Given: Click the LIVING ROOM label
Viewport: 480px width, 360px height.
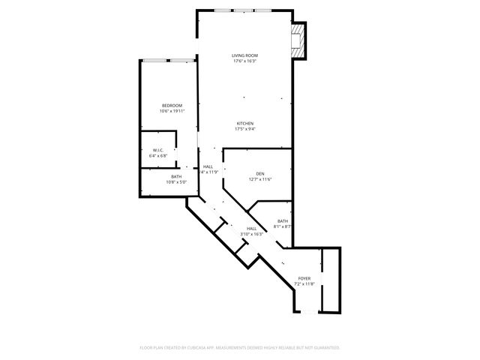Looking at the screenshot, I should pos(244,55).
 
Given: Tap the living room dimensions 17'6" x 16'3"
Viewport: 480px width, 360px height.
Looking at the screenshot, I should pos(244,61).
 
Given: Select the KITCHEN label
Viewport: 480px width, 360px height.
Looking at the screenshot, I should pos(245,123).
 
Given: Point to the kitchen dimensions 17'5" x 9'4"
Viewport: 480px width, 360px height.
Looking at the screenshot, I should pos(245,129).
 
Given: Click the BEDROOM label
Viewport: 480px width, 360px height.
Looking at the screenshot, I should pos(172,105).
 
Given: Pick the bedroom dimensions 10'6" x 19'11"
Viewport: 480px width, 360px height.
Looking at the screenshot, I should pos(172,111).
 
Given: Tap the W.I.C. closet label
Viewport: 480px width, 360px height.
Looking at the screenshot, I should pos(158,150).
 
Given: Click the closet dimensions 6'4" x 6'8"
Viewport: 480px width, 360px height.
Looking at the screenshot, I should pos(158,156).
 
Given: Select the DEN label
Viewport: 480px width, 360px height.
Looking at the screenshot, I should pos(260,173).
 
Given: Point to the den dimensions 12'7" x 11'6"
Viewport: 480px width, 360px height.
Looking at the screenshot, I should pos(260,179).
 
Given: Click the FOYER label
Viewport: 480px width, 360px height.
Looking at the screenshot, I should pos(304,278).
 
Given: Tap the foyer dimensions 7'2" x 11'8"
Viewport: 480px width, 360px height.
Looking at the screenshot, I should pos(304,284).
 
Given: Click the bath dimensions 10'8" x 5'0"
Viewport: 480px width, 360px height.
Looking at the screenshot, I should pos(176,182).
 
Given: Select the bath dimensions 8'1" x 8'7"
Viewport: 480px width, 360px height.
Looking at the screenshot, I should pos(283,226).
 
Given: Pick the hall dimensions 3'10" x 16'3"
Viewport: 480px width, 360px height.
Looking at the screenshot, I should pos(251,235).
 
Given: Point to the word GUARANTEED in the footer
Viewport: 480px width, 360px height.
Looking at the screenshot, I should pos(325,348).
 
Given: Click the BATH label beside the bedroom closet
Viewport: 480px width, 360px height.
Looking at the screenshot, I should pos(176,176).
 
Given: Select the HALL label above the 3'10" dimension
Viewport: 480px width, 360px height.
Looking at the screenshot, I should pos(251,229).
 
